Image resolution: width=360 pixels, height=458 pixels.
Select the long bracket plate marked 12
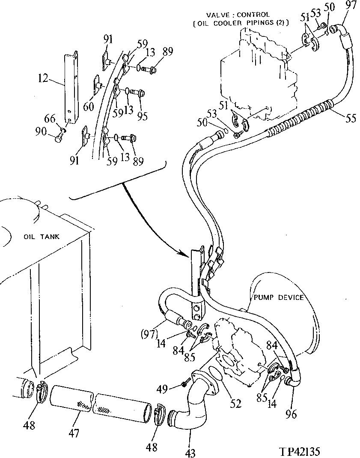pyautogui.click(x=71, y=90)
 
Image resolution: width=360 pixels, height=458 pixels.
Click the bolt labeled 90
pyautogui.click(x=60, y=137)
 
